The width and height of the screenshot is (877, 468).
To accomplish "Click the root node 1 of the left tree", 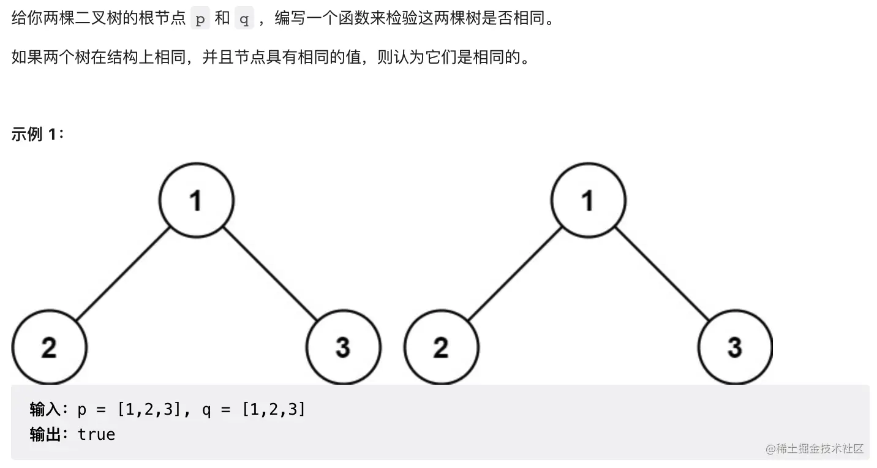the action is pyautogui.click(x=196, y=200).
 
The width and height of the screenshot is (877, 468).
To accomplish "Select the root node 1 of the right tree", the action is pyautogui.click(x=588, y=200).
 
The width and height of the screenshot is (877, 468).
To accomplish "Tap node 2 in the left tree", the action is pyautogui.click(x=49, y=347).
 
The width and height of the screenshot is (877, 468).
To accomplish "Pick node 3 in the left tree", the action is pyautogui.click(x=343, y=347).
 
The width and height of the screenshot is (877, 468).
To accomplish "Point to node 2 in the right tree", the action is pyautogui.click(x=441, y=347).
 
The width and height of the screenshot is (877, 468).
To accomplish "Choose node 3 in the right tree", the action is pyautogui.click(x=735, y=347).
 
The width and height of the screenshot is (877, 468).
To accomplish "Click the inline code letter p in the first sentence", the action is pyautogui.click(x=200, y=19).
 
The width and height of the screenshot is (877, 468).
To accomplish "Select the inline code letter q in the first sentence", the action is pyautogui.click(x=244, y=19).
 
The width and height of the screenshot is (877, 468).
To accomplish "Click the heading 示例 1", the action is pyautogui.click(x=37, y=134).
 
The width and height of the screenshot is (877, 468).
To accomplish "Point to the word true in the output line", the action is pyautogui.click(x=96, y=434).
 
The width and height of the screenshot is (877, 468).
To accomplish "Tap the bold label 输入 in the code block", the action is pyautogui.click(x=45, y=409).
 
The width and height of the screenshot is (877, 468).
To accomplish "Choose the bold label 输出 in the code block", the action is pyautogui.click(x=45, y=434).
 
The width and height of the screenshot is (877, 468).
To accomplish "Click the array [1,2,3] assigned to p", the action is pyautogui.click(x=149, y=409).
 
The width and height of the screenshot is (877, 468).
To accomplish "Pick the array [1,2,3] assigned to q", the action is pyautogui.click(x=273, y=409).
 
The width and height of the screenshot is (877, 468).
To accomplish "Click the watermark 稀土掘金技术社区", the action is pyautogui.click(x=815, y=448).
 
